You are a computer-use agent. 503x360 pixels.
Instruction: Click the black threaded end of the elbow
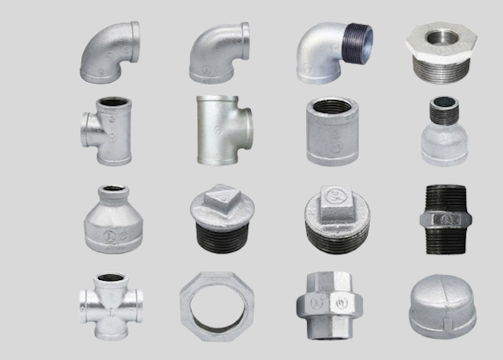(x=355, y=45)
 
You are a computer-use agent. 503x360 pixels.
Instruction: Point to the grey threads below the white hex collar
(x=441, y=68)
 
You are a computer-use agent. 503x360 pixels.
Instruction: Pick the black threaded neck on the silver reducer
(x=444, y=112)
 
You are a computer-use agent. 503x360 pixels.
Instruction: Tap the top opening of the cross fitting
(x=110, y=278)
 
